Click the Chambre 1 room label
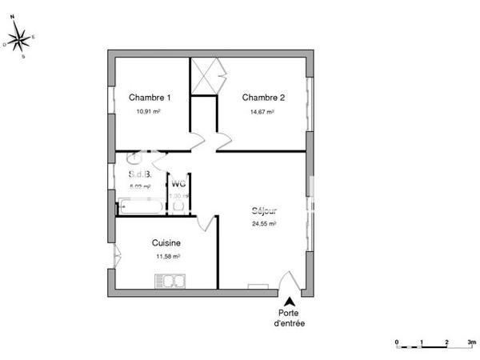pos(150,98)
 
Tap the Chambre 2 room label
pos(264,98)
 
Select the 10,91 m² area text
pos(149,113)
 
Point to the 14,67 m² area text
pos(263,113)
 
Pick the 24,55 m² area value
pos(264,225)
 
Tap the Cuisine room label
pos(166,242)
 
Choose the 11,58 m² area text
pos(167,257)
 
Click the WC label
pos(178,183)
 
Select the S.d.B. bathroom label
pos(139,174)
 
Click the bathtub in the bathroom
pos(141,206)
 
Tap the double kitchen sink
pos(170,280)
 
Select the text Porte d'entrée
pos(290,318)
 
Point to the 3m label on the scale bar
pos(472,342)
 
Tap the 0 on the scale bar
pos(397,342)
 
